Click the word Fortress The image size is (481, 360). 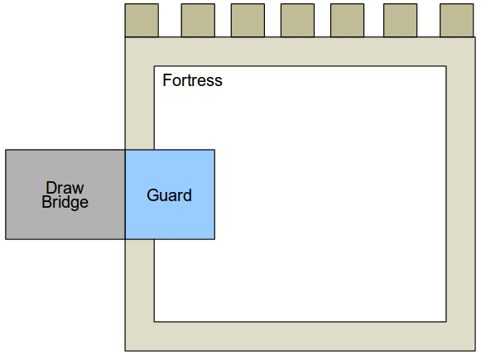point(192,80)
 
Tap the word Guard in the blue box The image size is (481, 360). point(170,195)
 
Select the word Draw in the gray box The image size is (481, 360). point(65,188)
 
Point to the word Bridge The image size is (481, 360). point(65,203)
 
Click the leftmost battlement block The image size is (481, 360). point(142,20)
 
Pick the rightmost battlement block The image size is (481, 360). point(456,20)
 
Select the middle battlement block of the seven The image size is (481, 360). point(297,20)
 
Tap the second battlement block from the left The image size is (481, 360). point(198,20)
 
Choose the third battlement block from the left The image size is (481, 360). point(248,20)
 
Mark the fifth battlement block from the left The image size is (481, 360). point(347,20)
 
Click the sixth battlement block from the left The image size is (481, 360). point(401,20)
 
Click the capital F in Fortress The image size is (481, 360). point(167,80)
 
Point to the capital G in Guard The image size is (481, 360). point(153,195)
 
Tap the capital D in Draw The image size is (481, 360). point(51,188)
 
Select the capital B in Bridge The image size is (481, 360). point(47,202)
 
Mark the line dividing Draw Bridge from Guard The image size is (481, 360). point(125,194)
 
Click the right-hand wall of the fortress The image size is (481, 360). point(461,194)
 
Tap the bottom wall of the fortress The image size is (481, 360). point(301,336)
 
